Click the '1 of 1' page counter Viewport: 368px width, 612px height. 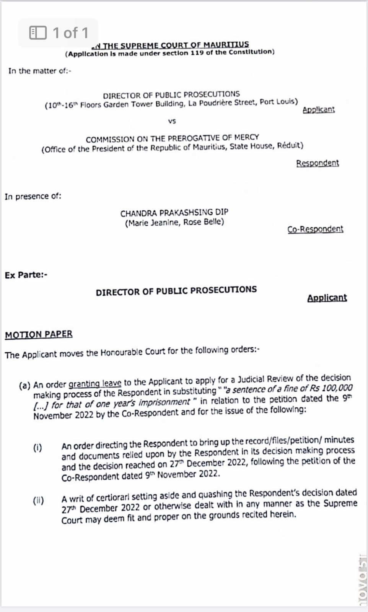(59, 33)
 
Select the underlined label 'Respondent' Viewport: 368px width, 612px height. (317, 163)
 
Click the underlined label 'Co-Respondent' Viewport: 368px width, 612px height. (315, 229)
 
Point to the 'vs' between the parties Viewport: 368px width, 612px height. (172, 121)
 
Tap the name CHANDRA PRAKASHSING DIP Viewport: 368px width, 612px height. (174, 213)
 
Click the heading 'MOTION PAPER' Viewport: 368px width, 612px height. (39, 335)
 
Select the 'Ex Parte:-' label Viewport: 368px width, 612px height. (26, 275)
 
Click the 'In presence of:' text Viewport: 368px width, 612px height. (33, 197)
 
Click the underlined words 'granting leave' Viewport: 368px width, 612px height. (95, 383)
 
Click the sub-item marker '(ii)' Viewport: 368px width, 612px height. (38, 501)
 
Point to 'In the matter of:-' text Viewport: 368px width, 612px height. (40, 71)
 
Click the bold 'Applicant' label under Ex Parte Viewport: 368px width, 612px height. (327, 298)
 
